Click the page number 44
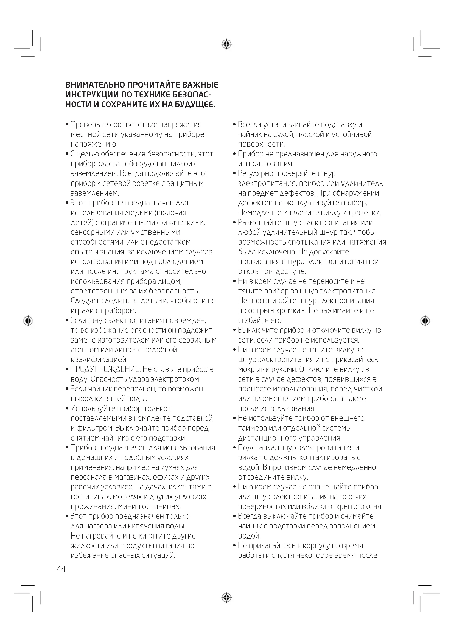tap(61, 569)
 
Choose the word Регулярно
tap(255, 174)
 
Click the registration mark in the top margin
tap(226, 44)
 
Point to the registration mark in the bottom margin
tap(226, 598)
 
